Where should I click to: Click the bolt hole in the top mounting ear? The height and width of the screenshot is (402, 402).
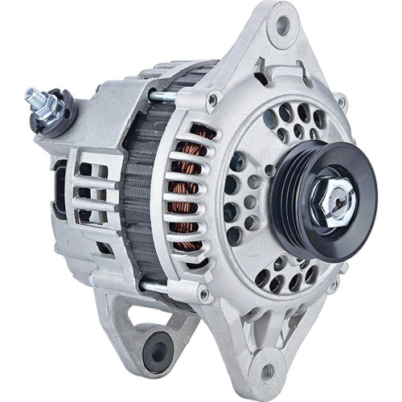pyautogui.click(x=283, y=23)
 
